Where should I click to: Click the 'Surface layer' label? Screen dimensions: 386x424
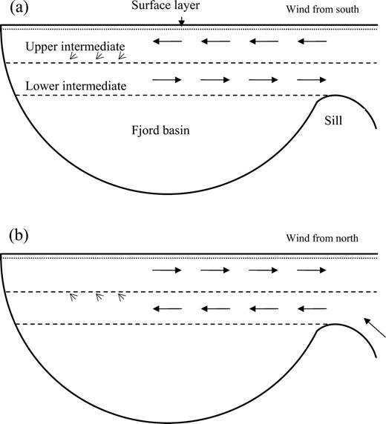click(166, 5)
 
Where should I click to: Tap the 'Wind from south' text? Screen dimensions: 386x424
click(322, 9)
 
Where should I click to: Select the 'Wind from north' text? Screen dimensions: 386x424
click(322, 238)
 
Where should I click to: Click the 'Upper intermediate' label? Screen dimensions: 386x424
click(75, 47)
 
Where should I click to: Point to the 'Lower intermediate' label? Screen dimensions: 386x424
click(76, 86)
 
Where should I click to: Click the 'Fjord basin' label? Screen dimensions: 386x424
click(160, 130)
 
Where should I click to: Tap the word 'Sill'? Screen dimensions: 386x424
click(333, 120)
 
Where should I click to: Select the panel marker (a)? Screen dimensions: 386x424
click(19, 8)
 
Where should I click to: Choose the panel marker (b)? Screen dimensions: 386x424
click(19, 236)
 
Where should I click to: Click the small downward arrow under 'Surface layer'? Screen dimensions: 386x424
click(181, 22)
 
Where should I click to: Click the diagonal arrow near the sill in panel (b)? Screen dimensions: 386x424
click(374, 328)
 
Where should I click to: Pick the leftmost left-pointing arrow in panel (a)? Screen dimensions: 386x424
click(167, 42)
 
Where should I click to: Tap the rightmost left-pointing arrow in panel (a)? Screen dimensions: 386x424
click(312, 42)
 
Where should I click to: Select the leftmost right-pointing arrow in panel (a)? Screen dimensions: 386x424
click(167, 80)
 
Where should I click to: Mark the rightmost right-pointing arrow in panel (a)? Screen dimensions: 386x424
click(312, 80)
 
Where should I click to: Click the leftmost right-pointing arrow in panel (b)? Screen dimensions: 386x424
click(167, 270)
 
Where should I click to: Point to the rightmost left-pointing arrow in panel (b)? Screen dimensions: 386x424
click(312, 308)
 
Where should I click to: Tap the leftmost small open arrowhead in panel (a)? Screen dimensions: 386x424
click(73, 56)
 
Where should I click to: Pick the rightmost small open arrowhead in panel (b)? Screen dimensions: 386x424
click(122, 297)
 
